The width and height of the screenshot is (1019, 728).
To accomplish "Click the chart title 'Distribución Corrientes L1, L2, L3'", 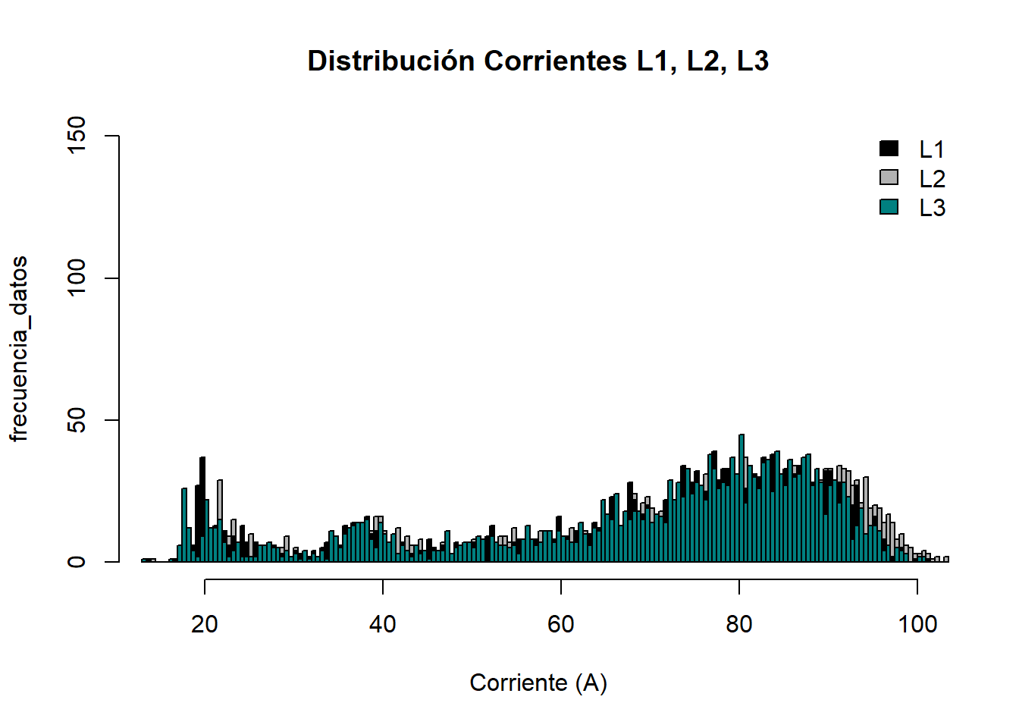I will pos(538,61).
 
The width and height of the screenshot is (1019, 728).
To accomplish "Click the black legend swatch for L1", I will pos(889,149).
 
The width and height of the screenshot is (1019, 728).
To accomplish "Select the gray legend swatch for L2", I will pos(889,177).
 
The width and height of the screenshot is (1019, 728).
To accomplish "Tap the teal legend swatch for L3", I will pos(889,206).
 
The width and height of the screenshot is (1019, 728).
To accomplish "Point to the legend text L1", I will pos(932,149).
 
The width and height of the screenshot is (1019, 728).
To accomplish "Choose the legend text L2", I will pos(932,179).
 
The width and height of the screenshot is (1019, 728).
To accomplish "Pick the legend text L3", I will pos(932,208).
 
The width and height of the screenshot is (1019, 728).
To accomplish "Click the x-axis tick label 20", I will pos(205,624).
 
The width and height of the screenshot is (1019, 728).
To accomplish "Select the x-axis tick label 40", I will pos(383,624).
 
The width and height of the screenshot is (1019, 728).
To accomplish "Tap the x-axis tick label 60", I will pos(561,624).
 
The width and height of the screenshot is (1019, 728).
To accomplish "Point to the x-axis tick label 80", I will pos(739,624).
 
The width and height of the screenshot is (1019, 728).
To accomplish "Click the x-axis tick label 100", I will pos(917,624).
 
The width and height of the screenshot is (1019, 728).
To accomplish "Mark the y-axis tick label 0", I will pos(77,562).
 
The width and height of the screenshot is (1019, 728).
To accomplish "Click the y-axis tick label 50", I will pos(77,420).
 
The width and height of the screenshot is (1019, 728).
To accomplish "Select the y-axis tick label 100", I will pos(77,278).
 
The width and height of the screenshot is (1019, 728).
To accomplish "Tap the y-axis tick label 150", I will pos(77,136).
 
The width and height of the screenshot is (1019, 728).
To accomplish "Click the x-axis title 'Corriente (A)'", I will pos(538,682).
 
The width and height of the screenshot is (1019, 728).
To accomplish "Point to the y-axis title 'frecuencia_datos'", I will pos(19,349).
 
